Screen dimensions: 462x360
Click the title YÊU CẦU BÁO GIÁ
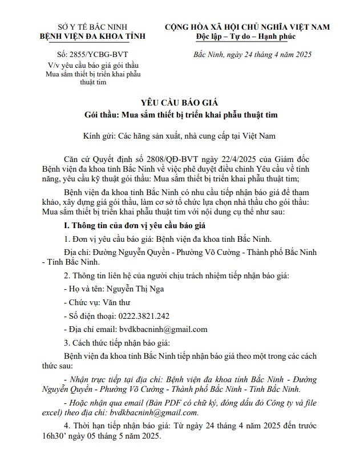[x=180, y=103]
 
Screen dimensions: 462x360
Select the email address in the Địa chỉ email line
[x=163, y=329]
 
